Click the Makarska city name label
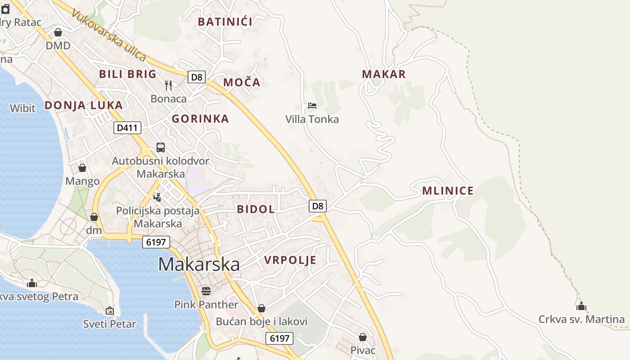pyautogui.click(x=198, y=264)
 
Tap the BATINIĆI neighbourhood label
pyautogui.click(x=225, y=22)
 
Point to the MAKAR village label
pyautogui.click(x=384, y=74)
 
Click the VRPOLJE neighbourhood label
pyautogui.click(x=290, y=260)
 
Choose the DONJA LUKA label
pyautogui.click(x=84, y=105)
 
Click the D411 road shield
pyautogui.click(x=127, y=128)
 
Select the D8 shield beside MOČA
pyautogui.click(x=197, y=77)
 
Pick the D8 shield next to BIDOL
pyautogui.click(x=318, y=206)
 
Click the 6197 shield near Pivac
pyautogui.click(x=279, y=338)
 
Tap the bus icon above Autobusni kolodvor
pyautogui.click(x=161, y=147)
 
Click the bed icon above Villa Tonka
pyautogui.click(x=312, y=106)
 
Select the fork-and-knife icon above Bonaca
pyautogui.click(x=168, y=85)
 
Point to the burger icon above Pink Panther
pyautogui.click(x=206, y=291)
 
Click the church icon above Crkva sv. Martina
pyautogui.click(x=581, y=306)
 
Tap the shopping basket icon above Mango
pyautogui.click(x=82, y=168)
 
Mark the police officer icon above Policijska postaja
pyautogui.click(x=157, y=197)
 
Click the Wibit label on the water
pyautogui.click(x=22, y=108)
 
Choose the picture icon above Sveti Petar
pyautogui.click(x=109, y=310)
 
